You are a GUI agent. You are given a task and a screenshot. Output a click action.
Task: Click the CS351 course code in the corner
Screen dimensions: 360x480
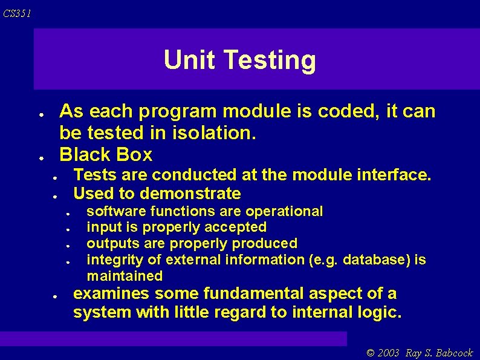pyautogui.click(x=16, y=13)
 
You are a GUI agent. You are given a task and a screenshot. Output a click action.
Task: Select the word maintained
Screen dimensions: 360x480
pyautogui.click(x=125, y=277)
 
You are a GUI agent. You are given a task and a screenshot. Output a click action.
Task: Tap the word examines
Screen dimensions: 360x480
pyautogui.click(x=111, y=295)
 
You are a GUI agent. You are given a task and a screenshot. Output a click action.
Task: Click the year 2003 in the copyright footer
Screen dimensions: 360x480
pyautogui.click(x=390, y=353)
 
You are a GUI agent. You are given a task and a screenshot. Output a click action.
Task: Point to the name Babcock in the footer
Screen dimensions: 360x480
pyautogui.click(x=453, y=353)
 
